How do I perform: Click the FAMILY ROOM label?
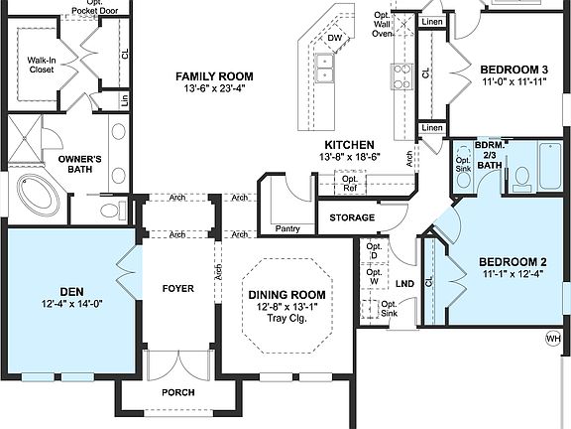click(214, 76)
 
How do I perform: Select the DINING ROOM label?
click(286, 295)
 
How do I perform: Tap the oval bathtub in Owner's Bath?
click(37, 197)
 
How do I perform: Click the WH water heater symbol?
click(552, 339)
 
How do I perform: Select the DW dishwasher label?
click(335, 39)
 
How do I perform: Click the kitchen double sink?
click(325, 68)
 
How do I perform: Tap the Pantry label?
click(287, 229)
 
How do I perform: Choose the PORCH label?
click(177, 392)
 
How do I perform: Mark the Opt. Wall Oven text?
click(383, 24)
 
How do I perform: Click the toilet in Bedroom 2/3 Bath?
click(522, 177)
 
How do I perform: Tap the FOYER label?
click(177, 288)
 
